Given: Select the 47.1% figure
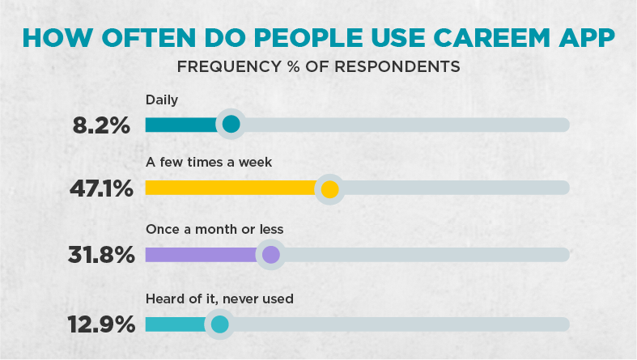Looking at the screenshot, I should pyautogui.click(x=100, y=189).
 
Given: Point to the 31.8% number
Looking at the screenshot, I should pyautogui.click(x=100, y=255).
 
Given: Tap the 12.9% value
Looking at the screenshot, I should pyautogui.click(x=100, y=324).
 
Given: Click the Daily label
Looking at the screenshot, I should pyautogui.click(x=161, y=100).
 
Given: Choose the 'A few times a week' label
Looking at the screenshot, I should pyautogui.click(x=208, y=163).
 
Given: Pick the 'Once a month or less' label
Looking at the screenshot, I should pyautogui.click(x=214, y=229).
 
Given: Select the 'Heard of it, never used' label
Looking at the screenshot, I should pyautogui.click(x=219, y=299).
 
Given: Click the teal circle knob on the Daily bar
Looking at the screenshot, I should pyautogui.click(x=231, y=125).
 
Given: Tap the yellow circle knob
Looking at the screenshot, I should pyautogui.click(x=329, y=189).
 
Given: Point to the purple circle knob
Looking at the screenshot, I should pyautogui.click(x=270, y=255).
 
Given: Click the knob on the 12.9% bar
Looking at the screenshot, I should pyautogui.click(x=219, y=324).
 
